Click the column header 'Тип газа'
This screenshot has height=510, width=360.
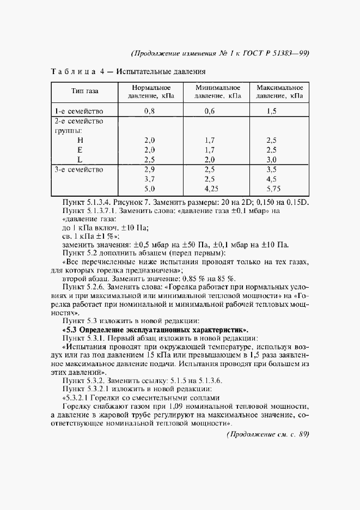[x=84, y=91]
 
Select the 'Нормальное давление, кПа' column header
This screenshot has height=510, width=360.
[x=151, y=91]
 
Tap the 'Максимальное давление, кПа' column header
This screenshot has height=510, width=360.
[x=280, y=91]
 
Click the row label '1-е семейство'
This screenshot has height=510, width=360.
[x=78, y=111]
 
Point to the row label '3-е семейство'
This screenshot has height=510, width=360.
[x=78, y=169]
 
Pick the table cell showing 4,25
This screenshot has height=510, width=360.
[x=211, y=189]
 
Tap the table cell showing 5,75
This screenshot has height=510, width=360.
[x=272, y=189]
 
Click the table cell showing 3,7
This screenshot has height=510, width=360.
[x=150, y=179]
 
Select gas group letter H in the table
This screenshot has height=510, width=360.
[x=80, y=140]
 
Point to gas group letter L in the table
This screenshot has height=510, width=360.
[x=80, y=160]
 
